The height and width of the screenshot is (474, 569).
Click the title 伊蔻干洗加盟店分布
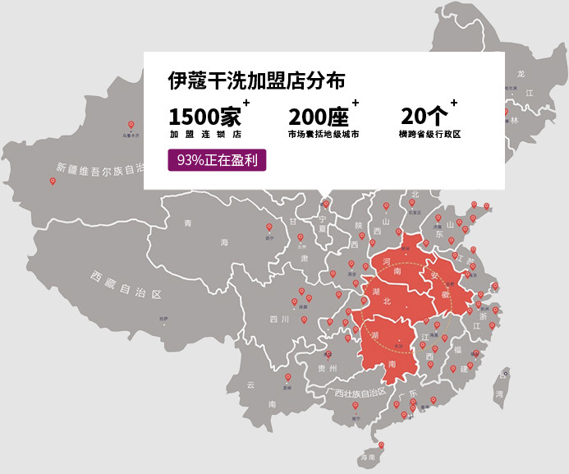(255, 81)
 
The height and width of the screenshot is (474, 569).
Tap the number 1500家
(205, 115)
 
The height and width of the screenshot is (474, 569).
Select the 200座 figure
(319, 115)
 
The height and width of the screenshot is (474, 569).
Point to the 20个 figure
(424, 115)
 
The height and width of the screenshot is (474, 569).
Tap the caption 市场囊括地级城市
(323, 134)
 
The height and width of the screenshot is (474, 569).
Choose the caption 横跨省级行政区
(429, 134)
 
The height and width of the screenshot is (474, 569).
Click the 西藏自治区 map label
(129, 283)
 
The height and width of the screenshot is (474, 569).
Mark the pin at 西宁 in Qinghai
(268, 228)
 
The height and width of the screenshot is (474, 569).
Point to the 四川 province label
(279, 319)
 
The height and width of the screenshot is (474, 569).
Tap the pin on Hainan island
(379, 447)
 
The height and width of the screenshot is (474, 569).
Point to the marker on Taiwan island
(504, 374)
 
